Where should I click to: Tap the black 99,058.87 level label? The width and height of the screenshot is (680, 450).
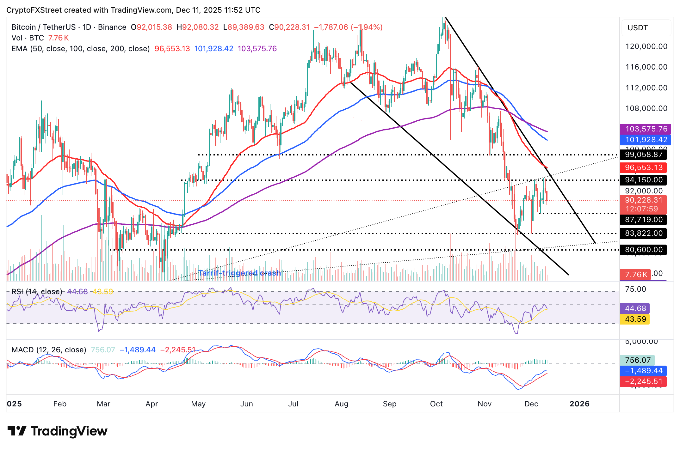point(643,155)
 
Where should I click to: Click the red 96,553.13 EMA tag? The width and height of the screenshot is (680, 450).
point(643,167)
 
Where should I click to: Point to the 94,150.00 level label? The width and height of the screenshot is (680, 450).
point(643,180)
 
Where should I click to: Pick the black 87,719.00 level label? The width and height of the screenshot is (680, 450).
point(643,220)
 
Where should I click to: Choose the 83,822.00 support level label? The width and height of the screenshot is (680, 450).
point(643,233)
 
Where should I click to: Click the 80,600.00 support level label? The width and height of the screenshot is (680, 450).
point(643,250)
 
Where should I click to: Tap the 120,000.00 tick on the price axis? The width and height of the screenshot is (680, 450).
point(646,46)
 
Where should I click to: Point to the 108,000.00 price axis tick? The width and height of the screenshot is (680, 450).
point(646,108)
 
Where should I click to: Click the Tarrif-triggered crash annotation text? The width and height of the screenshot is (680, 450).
point(239,273)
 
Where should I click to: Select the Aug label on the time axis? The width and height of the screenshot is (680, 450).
point(341,404)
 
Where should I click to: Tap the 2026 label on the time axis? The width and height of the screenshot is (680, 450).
point(579,404)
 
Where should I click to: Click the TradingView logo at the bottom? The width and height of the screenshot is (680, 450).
point(57,431)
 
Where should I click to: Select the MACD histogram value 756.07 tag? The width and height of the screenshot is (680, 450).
point(637,360)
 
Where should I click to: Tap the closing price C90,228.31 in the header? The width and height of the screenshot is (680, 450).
point(289,27)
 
